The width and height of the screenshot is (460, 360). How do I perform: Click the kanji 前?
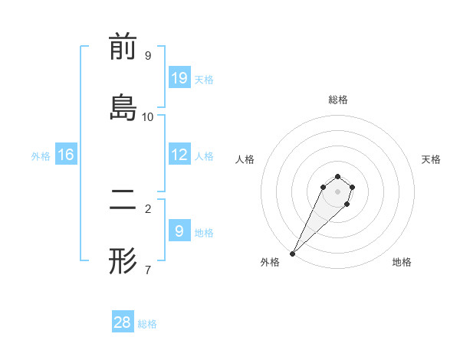123,48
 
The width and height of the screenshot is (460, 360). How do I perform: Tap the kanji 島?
123,109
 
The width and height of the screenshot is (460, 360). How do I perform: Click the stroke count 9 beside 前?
148,56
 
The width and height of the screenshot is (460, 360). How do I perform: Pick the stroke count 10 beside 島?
148,116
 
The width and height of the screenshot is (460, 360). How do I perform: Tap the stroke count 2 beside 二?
148,208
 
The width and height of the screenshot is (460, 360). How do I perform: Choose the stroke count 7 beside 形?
148,270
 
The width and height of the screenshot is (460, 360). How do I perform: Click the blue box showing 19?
179,77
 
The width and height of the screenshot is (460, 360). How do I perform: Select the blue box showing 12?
179,155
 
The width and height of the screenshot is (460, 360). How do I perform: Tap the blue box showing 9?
179,230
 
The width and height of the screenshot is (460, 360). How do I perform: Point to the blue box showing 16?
66,155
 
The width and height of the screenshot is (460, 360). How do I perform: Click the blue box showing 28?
123,322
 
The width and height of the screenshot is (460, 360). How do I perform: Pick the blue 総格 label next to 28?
147,324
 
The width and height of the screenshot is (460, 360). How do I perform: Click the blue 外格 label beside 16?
41,156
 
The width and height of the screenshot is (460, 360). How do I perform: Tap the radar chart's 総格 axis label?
338,100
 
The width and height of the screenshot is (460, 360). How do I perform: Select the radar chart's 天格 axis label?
432,159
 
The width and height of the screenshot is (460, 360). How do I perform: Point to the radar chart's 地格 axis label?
402,262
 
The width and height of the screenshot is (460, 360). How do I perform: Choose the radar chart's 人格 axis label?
245,159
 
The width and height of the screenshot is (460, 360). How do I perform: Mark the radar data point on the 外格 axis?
292,253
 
